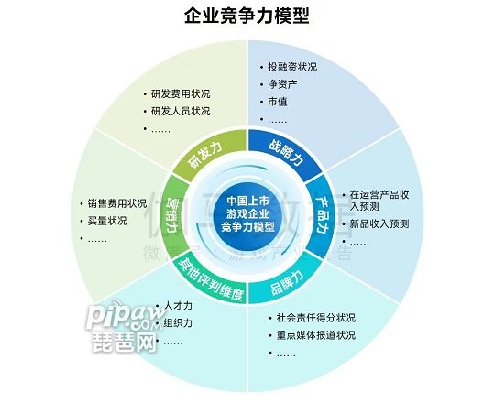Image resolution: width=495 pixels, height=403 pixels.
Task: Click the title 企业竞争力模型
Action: click(247, 16)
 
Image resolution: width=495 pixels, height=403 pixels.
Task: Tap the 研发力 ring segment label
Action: click(205, 156)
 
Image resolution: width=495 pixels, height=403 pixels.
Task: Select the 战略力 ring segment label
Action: click(287, 153)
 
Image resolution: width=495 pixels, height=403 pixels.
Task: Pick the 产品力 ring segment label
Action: click(323, 215)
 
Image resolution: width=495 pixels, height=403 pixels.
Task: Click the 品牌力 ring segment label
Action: click(288, 281)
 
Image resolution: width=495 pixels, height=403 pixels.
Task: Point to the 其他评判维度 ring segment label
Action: click(211, 280)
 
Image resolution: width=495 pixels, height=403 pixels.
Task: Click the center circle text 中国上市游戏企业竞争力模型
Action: click(247, 213)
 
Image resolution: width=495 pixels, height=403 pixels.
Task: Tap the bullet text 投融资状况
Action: click(292, 67)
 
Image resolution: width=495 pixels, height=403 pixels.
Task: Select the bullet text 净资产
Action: click(282, 84)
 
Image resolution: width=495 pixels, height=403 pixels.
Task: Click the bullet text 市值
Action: click(278, 102)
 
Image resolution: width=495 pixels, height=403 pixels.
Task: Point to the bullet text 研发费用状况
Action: click(181, 94)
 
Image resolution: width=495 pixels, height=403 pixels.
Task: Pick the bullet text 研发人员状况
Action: click(181, 112)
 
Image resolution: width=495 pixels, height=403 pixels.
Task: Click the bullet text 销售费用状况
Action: click(117, 203)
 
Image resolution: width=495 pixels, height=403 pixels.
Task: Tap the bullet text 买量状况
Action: click(107, 221)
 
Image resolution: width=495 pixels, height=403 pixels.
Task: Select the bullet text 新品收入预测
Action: click(379, 223)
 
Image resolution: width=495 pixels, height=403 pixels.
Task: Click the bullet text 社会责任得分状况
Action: click(316, 318)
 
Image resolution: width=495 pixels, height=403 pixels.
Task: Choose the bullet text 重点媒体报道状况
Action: click(316, 335)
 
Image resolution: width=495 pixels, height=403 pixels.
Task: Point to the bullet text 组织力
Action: click(178, 323)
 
